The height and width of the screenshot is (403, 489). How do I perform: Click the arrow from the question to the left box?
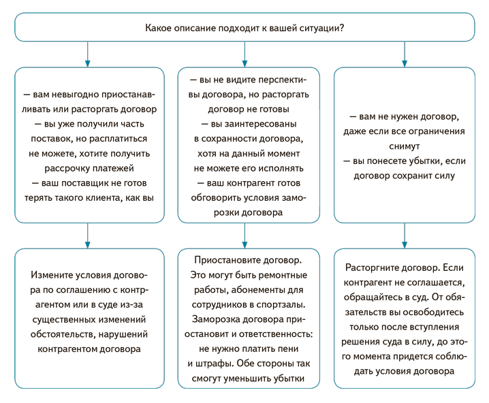[x=88, y=54]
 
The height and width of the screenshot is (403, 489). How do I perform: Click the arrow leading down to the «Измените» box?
[x=88, y=236]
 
